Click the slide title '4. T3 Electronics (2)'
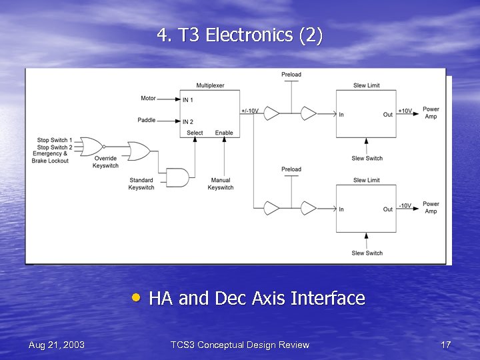click(240, 35)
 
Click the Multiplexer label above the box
click(211, 85)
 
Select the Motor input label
click(148, 99)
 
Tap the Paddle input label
click(147, 121)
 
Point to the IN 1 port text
click(188, 100)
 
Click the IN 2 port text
click(188, 122)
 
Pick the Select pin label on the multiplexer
click(195, 133)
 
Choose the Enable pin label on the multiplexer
click(224, 133)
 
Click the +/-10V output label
click(250, 111)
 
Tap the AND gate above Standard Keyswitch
click(176, 177)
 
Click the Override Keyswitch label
click(105, 162)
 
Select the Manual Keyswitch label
click(221, 184)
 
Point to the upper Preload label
click(291, 75)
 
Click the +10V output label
click(405, 111)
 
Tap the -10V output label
click(405, 206)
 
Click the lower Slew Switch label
click(367, 253)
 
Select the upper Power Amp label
click(431, 113)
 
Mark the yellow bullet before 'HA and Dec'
click(137, 297)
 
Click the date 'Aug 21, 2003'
click(57, 345)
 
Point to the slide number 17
click(446, 345)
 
